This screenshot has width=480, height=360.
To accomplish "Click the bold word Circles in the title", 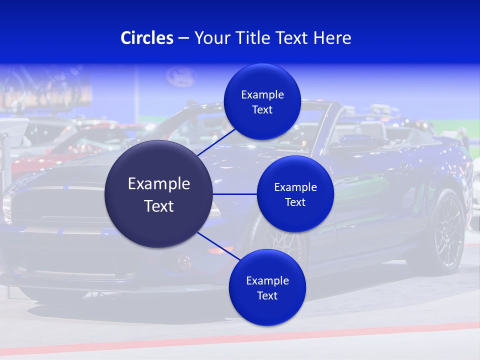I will click(146, 38).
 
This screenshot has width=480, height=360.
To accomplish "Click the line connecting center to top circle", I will click(216, 142).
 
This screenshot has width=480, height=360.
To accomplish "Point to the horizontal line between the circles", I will click(235, 194).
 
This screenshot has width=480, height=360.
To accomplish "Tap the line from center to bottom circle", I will click(218, 246).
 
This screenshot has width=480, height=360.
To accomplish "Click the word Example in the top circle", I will click(262, 95).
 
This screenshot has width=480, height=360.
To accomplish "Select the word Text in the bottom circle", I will click(267, 296).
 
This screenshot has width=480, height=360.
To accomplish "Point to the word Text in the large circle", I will click(159, 206).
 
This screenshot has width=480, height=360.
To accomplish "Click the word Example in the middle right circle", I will click(295, 187).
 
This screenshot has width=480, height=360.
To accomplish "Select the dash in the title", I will click(183, 38).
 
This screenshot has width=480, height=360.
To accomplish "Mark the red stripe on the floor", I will click(240, 340).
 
